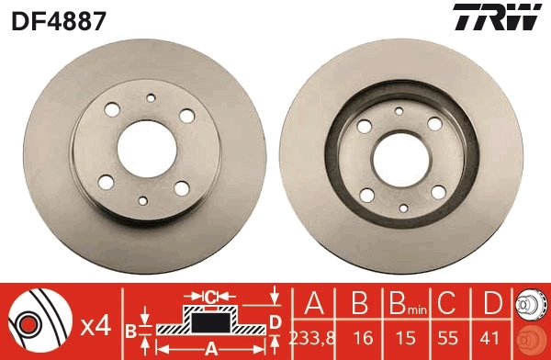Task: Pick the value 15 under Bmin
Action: click(x=403, y=337)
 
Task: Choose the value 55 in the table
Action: click(x=449, y=337)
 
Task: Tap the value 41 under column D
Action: click(x=493, y=337)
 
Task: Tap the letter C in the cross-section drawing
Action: click(x=209, y=297)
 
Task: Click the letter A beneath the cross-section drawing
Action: click(x=209, y=348)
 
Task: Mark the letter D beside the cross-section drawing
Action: click(x=275, y=321)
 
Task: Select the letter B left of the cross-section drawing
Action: click(x=131, y=328)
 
